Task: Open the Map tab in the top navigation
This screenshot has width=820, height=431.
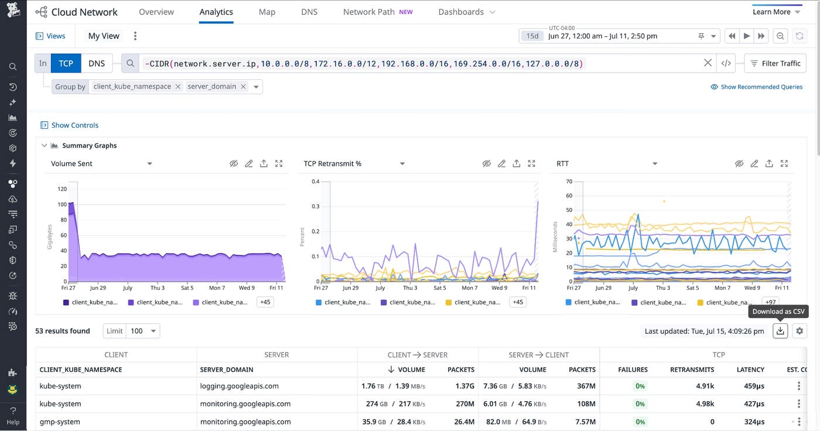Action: (x=266, y=12)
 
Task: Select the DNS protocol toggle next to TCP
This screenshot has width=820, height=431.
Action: (x=97, y=63)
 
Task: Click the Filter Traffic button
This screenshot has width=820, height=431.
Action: (x=775, y=63)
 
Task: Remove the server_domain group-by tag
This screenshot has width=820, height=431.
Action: (x=243, y=87)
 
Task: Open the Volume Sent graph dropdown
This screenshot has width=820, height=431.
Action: (x=149, y=164)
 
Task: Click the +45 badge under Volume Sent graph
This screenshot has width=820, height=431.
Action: (x=265, y=302)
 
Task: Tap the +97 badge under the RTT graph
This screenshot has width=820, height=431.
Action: (x=770, y=302)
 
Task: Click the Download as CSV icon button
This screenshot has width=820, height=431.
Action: (x=780, y=331)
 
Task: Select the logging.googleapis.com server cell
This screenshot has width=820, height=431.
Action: (x=239, y=386)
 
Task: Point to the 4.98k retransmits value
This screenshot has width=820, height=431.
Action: (x=703, y=404)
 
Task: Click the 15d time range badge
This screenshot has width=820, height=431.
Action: (x=532, y=36)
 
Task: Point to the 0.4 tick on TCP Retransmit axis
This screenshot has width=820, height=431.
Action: (x=315, y=182)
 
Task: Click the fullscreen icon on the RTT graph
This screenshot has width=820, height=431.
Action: (x=784, y=164)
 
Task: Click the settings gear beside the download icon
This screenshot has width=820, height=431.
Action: (x=799, y=331)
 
